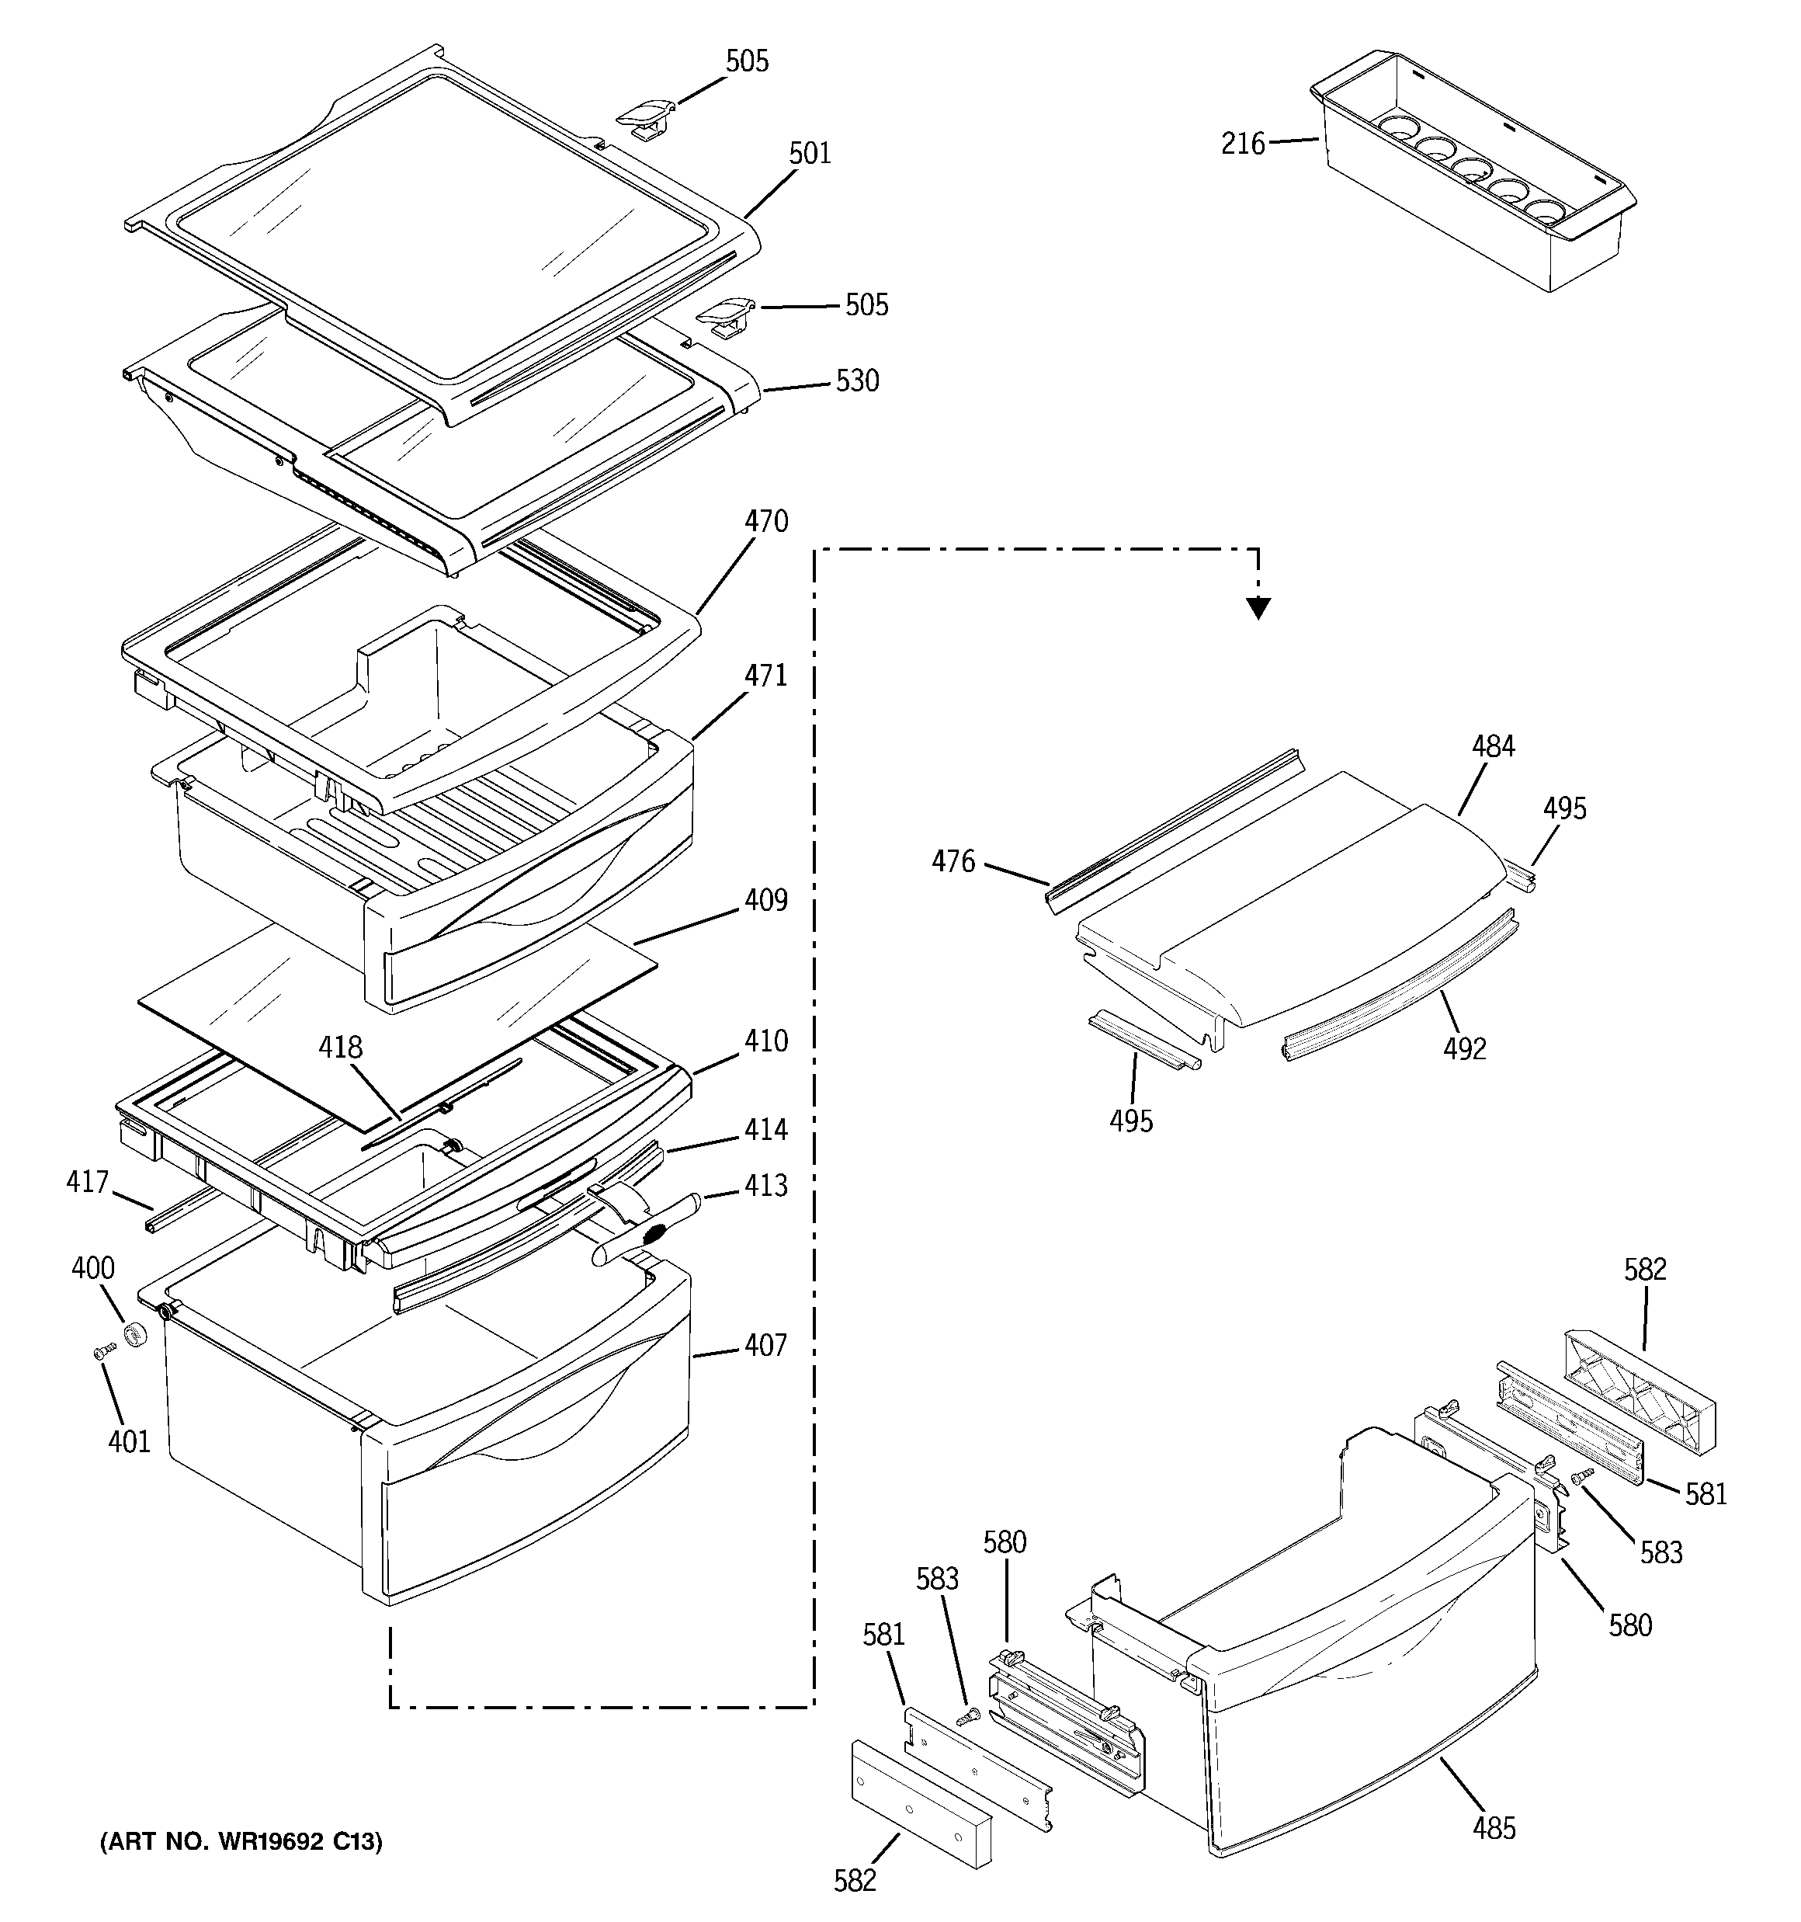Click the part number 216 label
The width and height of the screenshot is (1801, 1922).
coord(1242,144)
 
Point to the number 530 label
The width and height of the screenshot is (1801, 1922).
coord(858,381)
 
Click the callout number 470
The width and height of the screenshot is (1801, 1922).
coord(765,522)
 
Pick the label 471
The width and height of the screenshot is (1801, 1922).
coord(765,676)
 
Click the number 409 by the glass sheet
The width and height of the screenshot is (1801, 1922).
coord(765,900)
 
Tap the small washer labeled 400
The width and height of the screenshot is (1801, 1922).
coord(134,1338)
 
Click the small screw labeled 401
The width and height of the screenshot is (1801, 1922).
coord(99,1354)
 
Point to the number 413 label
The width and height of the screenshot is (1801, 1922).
coord(765,1185)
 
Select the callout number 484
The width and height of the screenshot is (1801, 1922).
coord(1494,746)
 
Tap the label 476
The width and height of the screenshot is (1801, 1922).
coord(953,861)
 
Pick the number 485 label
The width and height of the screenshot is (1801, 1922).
coord(1494,1828)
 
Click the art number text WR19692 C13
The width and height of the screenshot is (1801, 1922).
coord(241,1842)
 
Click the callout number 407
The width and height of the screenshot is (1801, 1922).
coord(765,1345)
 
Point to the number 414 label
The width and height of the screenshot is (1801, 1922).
coord(765,1129)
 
